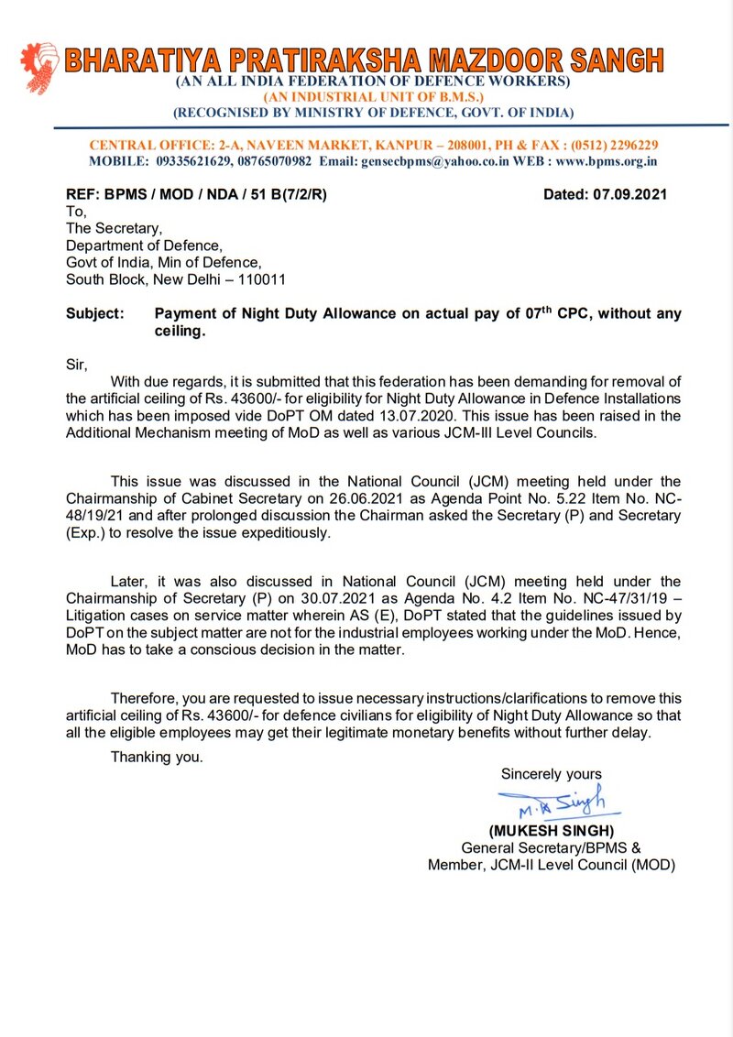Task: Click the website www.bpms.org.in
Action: point(606,160)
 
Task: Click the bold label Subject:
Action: point(94,313)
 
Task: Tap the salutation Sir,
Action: point(77,364)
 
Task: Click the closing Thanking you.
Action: point(157,757)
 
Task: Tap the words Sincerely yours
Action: point(551,774)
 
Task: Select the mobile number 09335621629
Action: point(201,160)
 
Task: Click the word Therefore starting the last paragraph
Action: point(145,698)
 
